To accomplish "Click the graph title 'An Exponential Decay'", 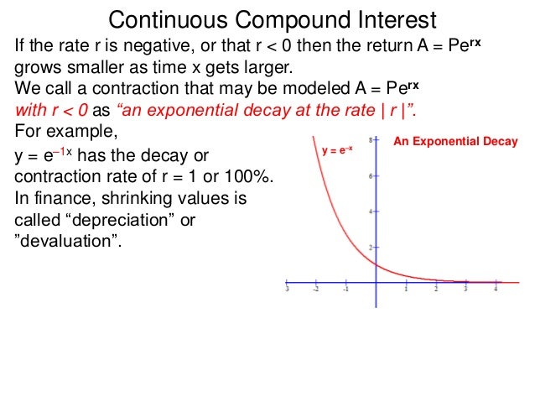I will click(x=456, y=142).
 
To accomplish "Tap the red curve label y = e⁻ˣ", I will click(x=337, y=151).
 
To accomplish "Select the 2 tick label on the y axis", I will click(x=371, y=248).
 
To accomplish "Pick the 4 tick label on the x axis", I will click(x=496, y=290).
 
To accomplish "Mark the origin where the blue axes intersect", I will click(x=377, y=282).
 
